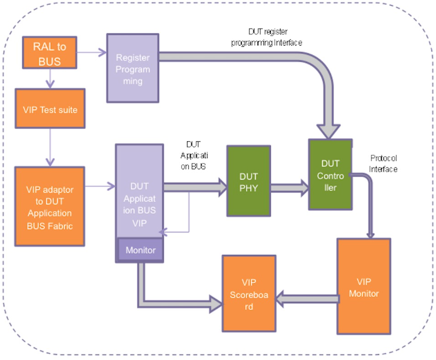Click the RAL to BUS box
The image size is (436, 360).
[51, 52]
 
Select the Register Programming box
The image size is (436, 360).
[132, 67]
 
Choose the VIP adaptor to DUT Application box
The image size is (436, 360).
[50, 207]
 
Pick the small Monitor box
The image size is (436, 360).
[140, 250]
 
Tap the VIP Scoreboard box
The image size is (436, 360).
[249, 294]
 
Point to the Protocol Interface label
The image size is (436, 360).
[383, 163]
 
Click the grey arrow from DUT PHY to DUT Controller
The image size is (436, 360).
[289, 185]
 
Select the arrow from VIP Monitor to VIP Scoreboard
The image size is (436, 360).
[307, 301]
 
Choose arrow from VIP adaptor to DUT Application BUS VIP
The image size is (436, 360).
[99, 186]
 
